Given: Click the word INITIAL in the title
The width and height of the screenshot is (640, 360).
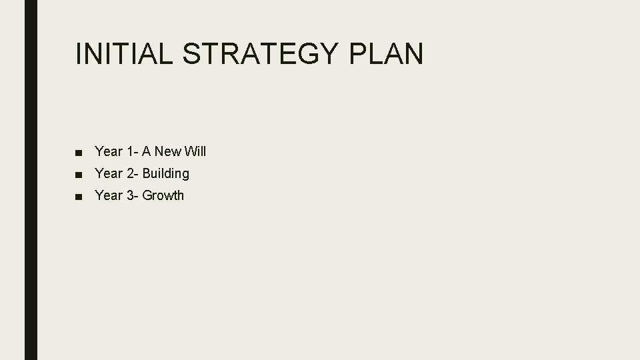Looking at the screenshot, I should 124,53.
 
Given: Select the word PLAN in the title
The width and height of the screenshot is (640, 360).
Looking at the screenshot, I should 385,53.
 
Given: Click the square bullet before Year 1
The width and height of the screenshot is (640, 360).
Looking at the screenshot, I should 79,152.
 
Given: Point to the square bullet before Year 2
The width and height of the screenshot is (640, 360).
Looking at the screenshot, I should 79,174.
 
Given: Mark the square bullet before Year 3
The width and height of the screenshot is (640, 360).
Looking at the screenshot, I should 79,196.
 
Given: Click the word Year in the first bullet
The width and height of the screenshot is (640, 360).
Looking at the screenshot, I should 109,151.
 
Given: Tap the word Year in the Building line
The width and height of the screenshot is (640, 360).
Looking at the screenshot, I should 109,173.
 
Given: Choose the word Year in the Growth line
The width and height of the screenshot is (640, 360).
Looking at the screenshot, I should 109,195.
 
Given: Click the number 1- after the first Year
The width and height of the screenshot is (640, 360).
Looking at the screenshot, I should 132,151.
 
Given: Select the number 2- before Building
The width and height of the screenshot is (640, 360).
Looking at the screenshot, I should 132,173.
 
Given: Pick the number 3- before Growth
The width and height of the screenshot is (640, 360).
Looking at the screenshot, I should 132,195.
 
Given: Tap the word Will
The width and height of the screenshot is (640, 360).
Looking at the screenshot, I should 195,151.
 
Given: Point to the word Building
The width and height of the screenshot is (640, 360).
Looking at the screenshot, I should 165,173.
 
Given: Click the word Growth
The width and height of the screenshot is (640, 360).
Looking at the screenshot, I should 163,195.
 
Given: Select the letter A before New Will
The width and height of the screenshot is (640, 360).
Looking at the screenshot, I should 147,151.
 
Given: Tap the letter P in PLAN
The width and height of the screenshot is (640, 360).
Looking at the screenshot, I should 357,53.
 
